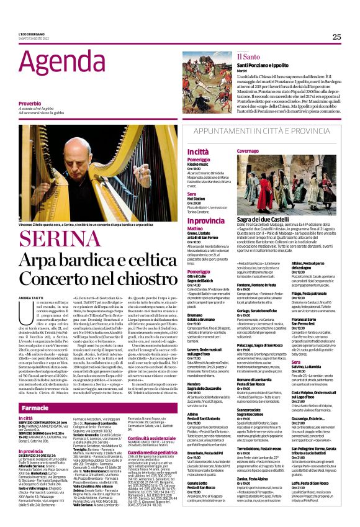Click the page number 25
pos(336,37)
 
